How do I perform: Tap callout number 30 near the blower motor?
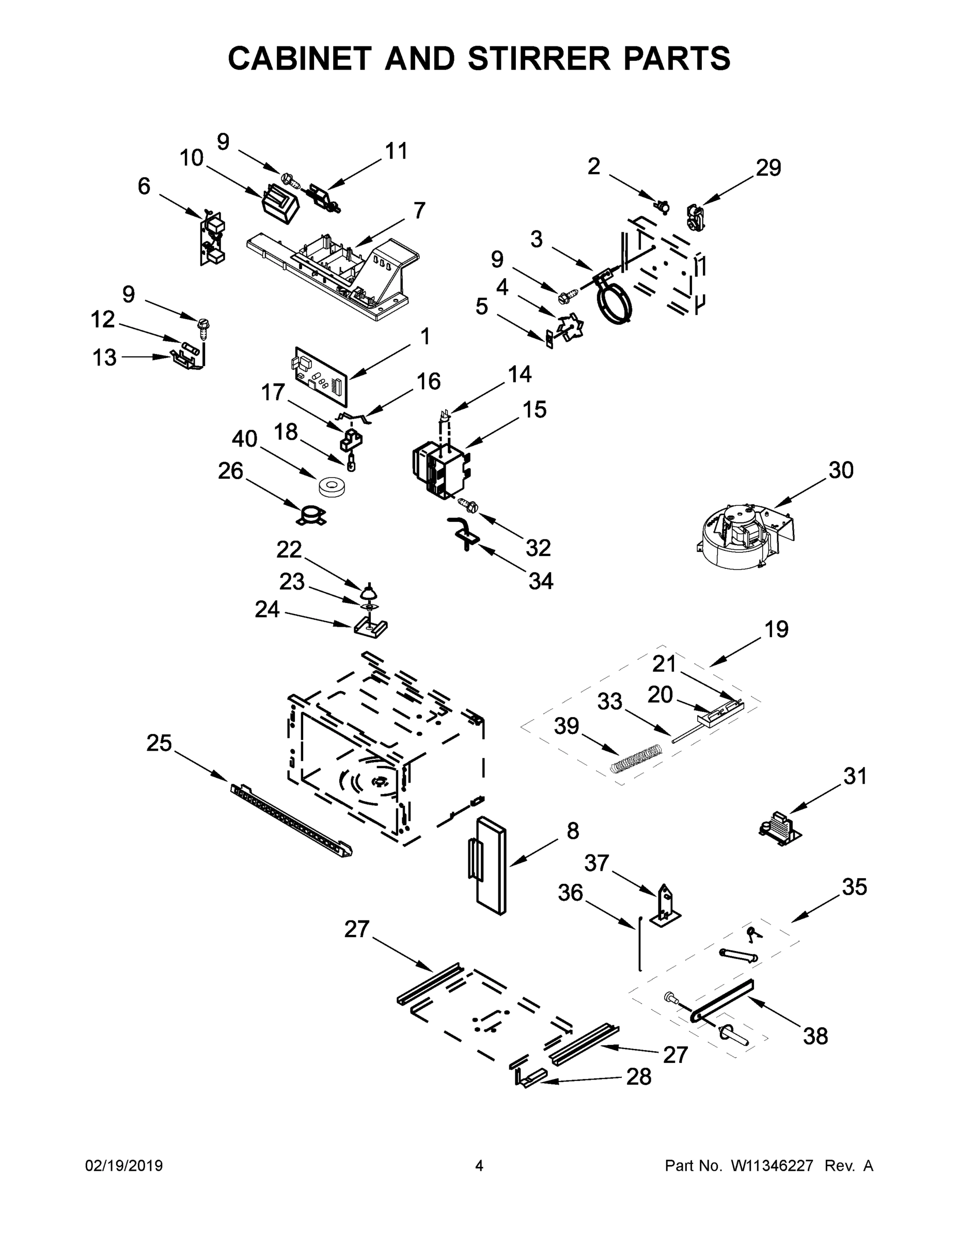click(x=841, y=470)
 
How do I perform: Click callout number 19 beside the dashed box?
click(x=776, y=630)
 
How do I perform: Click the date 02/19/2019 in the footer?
click(x=124, y=1166)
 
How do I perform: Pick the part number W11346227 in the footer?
click(x=772, y=1166)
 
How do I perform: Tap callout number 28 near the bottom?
click(x=638, y=1077)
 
